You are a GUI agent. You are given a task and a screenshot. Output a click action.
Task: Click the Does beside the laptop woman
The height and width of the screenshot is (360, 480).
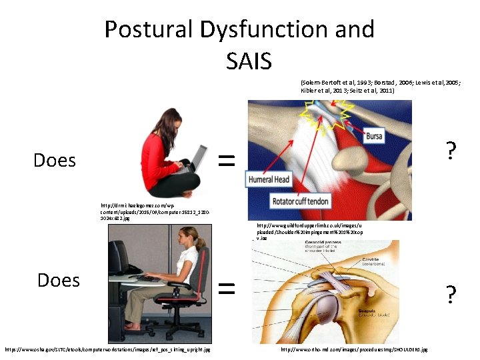coord(55,160)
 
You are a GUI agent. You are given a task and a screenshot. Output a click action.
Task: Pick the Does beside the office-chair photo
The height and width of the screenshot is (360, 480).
coord(59,280)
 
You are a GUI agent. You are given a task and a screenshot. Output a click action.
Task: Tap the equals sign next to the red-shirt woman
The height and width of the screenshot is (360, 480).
coord(227,159)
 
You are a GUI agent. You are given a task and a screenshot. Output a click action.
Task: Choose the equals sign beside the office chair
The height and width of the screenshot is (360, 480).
coord(227,287)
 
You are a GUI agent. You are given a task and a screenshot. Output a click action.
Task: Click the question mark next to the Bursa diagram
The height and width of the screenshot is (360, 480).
coord(451,153)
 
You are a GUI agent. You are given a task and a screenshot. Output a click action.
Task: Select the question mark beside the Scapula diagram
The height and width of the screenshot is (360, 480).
coord(451,293)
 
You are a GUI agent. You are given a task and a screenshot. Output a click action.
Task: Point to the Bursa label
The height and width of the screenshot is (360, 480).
coord(374,137)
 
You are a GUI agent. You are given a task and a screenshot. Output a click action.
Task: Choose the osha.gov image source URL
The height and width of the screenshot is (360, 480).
coord(107,349)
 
